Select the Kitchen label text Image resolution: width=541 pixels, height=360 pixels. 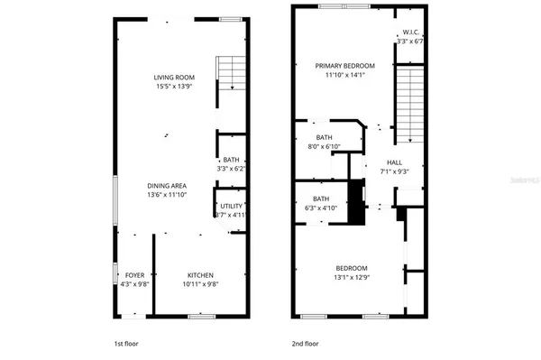200,275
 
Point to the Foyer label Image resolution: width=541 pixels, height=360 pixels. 134,275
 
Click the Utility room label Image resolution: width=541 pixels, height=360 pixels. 232,206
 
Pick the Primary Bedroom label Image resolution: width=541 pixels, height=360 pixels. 344,66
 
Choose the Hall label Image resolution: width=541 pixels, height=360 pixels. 394,163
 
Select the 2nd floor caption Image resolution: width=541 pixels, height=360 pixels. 305,344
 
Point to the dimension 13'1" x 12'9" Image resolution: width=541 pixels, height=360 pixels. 352,278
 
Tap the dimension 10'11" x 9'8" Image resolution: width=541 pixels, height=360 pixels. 200,285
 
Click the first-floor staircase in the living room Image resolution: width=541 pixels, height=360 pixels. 232,72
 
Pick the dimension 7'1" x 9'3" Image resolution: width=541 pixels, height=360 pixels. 394,172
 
